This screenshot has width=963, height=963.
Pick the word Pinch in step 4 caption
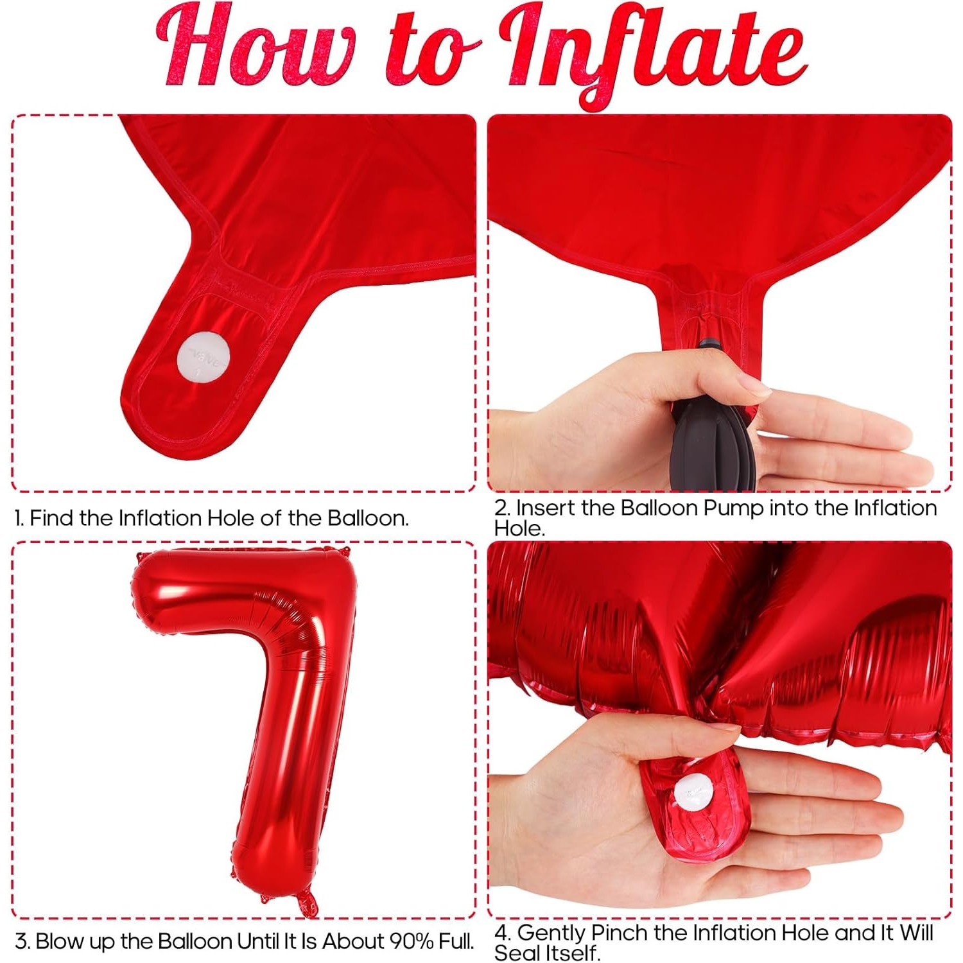619,932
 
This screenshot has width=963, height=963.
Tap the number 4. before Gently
503,933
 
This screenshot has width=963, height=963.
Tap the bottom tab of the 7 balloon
307,902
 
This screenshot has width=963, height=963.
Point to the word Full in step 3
455,941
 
